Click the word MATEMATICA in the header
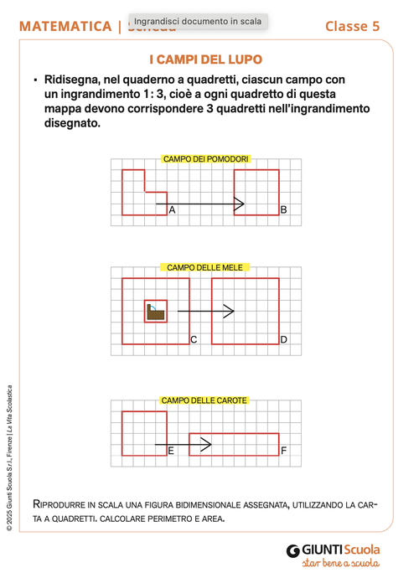tap(65, 26)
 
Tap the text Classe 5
tap(352, 26)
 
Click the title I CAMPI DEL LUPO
tap(205, 60)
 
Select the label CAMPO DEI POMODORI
tap(206, 158)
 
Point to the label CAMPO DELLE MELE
tap(205, 267)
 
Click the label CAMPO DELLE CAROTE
tap(204, 400)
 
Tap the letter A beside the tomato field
tap(172, 210)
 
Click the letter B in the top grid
tap(283, 210)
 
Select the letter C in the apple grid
tap(194, 339)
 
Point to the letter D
tap(283, 339)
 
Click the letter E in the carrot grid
tap(171, 451)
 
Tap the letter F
tap(283, 451)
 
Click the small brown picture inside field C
tap(155, 312)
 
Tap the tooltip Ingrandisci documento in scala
tap(198, 21)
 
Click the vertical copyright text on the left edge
tap(9, 457)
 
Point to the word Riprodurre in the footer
tap(59, 504)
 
